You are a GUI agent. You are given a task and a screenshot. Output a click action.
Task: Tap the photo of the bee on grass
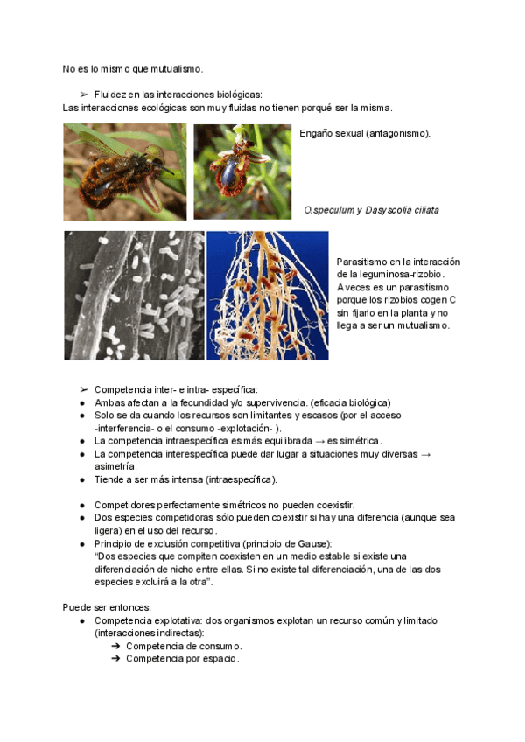(124, 171)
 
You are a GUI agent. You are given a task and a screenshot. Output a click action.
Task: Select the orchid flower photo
(242, 171)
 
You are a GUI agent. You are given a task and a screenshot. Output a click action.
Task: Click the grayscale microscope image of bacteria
(134, 296)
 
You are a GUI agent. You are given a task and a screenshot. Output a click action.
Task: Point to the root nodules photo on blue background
(268, 296)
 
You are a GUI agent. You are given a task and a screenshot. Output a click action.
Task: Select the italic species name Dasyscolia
(390, 210)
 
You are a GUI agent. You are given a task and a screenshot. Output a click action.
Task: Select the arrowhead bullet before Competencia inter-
(84, 388)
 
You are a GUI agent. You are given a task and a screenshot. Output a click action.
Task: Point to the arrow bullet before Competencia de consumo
(115, 646)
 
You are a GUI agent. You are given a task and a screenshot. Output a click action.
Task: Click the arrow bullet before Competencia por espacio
(115, 659)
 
